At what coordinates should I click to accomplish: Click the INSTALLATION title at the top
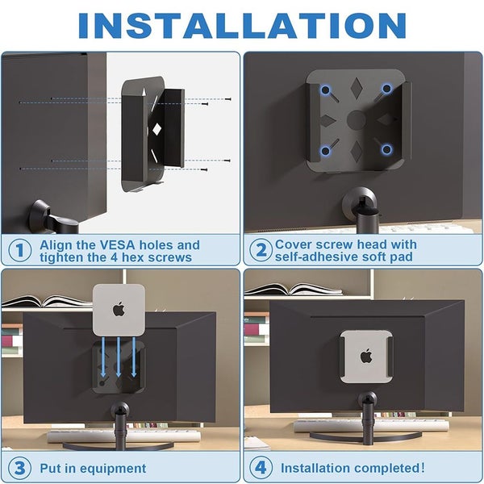click(x=242, y=26)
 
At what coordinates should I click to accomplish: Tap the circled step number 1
click(x=19, y=250)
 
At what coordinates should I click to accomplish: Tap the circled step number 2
click(x=261, y=250)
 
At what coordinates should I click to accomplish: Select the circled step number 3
click(x=19, y=467)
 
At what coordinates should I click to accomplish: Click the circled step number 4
click(x=261, y=467)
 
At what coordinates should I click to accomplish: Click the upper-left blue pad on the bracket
click(x=323, y=90)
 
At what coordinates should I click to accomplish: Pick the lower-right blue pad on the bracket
click(x=386, y=149)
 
